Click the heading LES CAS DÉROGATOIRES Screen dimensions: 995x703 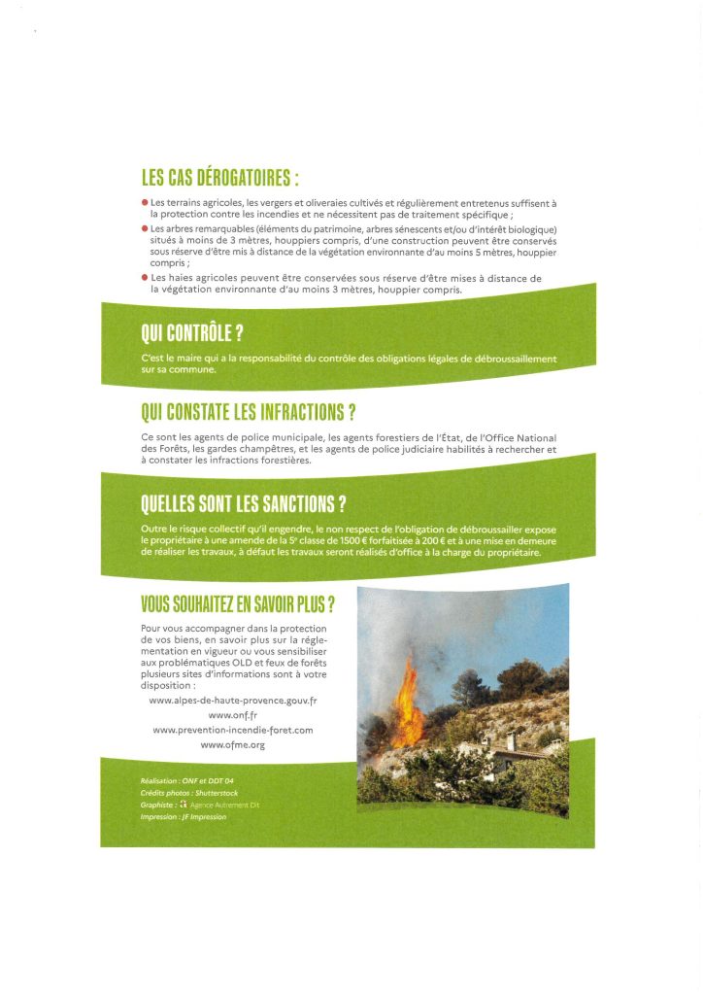point(219,180)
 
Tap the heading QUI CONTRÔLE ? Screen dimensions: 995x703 point(191,335)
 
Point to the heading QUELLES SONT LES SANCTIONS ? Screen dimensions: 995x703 point(244,504)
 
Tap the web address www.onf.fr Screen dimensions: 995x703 point(233,714)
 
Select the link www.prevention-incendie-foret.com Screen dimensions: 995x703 point(233,730)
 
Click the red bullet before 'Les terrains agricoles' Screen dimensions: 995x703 point(145,202)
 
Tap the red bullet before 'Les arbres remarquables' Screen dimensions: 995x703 point(145,228)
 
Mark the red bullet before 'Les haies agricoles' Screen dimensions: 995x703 point(145,278)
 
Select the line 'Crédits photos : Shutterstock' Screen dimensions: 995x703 point(189,793)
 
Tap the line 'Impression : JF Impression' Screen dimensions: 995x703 point(184,817)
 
